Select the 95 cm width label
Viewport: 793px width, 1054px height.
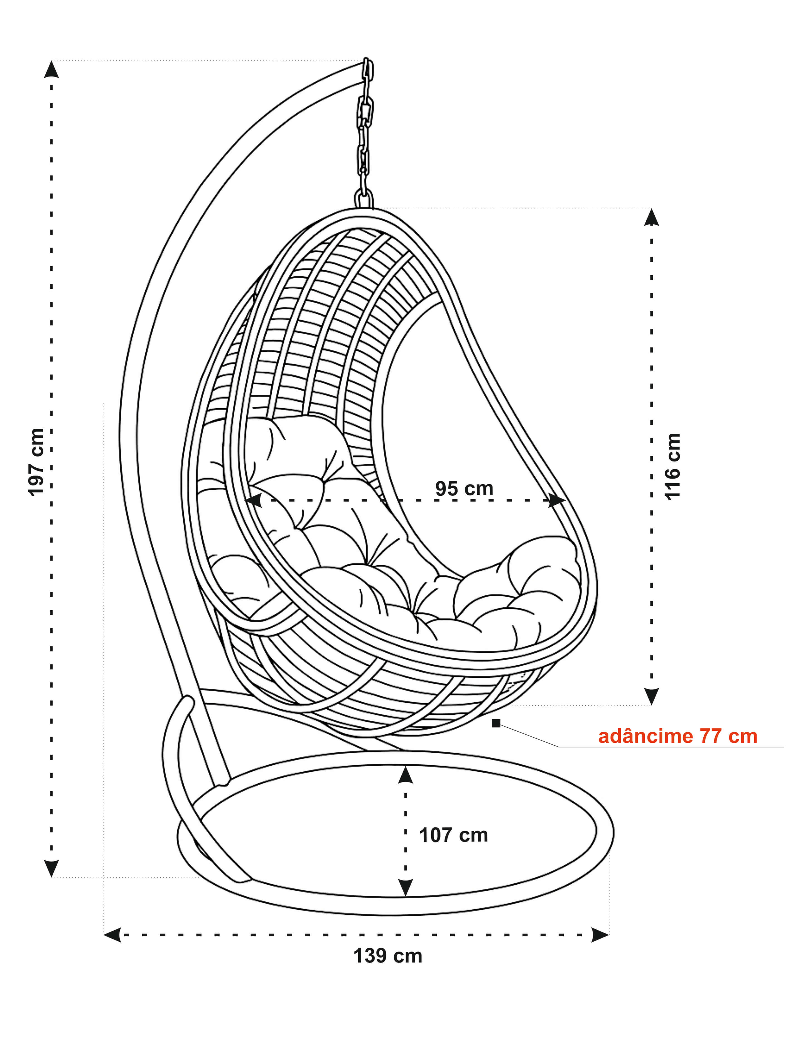point(463,488)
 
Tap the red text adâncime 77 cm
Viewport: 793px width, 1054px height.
point(677,736)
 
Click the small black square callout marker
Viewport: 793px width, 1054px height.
point(496,723)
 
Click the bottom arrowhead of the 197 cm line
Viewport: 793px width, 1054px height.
point(51,868)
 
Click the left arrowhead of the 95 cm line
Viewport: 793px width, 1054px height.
point(253,500)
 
